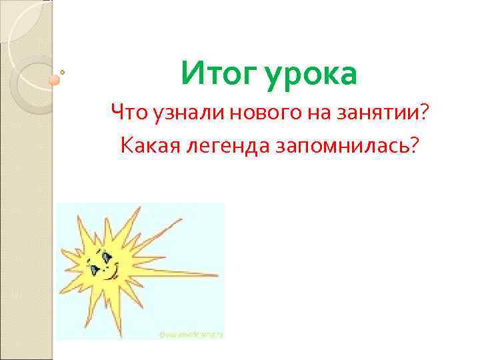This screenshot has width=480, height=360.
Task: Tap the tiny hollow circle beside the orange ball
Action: click(x=63, y=71)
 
